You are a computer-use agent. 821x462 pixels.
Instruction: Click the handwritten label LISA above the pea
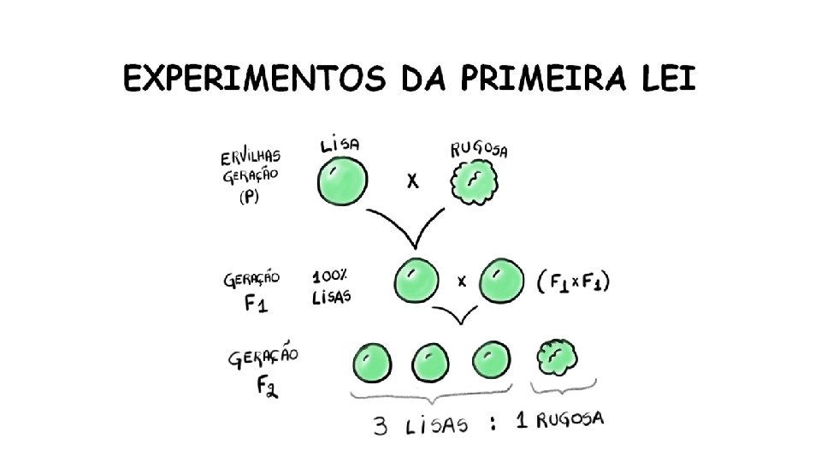pyautogui.click(x=340, y=145)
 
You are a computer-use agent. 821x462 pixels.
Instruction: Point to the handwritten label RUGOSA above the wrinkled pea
pyautogui.click(x=479, y=150)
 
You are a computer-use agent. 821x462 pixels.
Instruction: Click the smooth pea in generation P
pyautogui.click(x=343, y=182)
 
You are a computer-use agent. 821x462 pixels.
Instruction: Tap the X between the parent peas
pyautogui.click(x=411, y=182)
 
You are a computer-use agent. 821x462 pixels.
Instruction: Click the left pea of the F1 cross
pyautogui.click(x=415, y=281)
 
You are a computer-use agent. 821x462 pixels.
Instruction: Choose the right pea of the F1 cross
pyautogui.click(x=499, y=282)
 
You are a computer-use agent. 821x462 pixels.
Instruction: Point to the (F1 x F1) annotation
pyautogui.click(x=576, y=283)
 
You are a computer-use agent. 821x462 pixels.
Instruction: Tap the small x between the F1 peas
pyautogui.click(x=462, y=281)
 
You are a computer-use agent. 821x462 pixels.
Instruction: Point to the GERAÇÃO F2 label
pyautogui.click(x=263, y=371)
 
